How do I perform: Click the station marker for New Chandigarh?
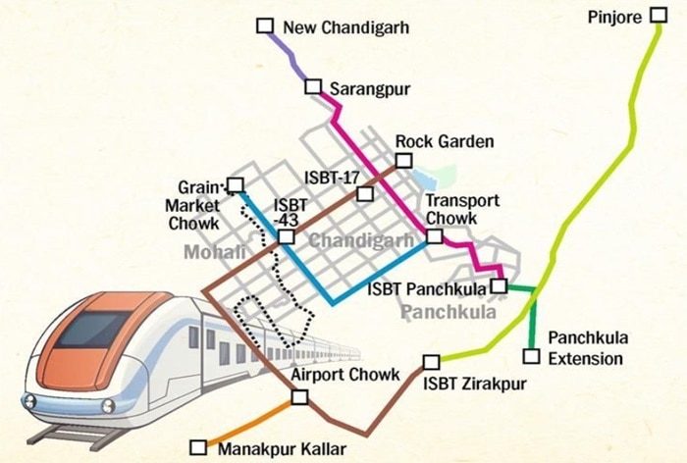click(x=264, y=26)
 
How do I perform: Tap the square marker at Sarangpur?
click(x=313, y=87)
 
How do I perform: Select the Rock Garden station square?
click(x=402, y=161)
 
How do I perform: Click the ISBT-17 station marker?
click(x=365, y=193)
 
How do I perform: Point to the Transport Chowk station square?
click(x=434, y=235)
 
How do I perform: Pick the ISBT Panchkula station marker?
click(x=498, y=285)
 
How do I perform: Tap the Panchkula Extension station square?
click(x=531, y=356)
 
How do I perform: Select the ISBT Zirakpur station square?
click(x=431, y=362)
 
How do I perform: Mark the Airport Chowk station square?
click(x=299, y=397)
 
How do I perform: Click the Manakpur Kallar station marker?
click(x=198, y=447)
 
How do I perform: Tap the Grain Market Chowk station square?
click(x=235, y=184)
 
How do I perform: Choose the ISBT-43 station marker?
click(x=286, y=236)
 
